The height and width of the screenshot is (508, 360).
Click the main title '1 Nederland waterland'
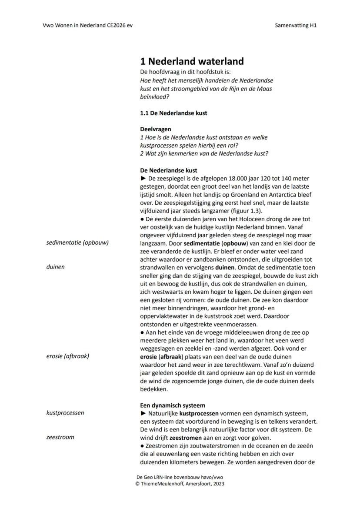pyautogui.click(x=192, y=61)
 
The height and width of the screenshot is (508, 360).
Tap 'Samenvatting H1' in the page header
pyautogui.click(x=296, y=25)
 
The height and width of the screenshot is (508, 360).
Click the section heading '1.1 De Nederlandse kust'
pyautogui.click(x=173, y=113)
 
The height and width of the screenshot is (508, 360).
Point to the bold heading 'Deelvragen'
pyautogui.click(x=155, y=129)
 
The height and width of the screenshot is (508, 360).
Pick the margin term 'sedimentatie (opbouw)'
pyautogui.click(x=77, y=242)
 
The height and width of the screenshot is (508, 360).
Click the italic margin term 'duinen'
pyautogui.click(x=55, y=267)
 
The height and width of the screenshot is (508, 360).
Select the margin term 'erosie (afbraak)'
pyautogui.click(x=67, y=356)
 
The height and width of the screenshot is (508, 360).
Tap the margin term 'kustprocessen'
pyautogui.click(x=65, y=413)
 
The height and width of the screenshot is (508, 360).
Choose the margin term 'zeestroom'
pyautogui.click(x=60, y=437)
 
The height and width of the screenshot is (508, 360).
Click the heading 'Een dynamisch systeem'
pyautogui.click(x=172, y=405)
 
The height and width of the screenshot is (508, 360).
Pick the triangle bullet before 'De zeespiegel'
pyautogui.click(x=143, y=178)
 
